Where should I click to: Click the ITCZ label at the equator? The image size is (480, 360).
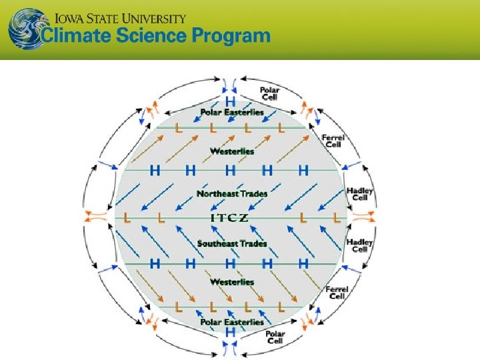coord(230,217)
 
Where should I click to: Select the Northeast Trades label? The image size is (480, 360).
coord(232,194)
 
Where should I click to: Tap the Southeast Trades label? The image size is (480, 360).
coord(232,243)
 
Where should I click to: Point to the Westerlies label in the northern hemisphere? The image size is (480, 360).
coord(232,151)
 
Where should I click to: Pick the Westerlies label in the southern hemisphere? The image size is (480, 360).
coord(232,282)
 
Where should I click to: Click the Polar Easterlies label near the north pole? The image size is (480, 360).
coord(232,112)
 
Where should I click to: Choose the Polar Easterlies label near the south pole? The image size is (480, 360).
coord(232,322)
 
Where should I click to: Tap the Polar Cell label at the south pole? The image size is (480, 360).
coord(275,337)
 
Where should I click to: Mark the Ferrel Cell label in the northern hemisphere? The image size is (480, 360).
coord(333,141)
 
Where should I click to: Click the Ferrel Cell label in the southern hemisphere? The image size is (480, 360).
coord(337,292)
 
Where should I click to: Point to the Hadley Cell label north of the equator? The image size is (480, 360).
coord(360,193)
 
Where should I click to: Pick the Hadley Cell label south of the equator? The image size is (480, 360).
coord(360,245)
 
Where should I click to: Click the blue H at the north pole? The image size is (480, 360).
coord(230,101)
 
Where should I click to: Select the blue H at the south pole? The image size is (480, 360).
coord(230,332)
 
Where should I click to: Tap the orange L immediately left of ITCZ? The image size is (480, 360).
coord(160,218)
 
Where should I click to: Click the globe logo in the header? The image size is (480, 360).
coord(25,29)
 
